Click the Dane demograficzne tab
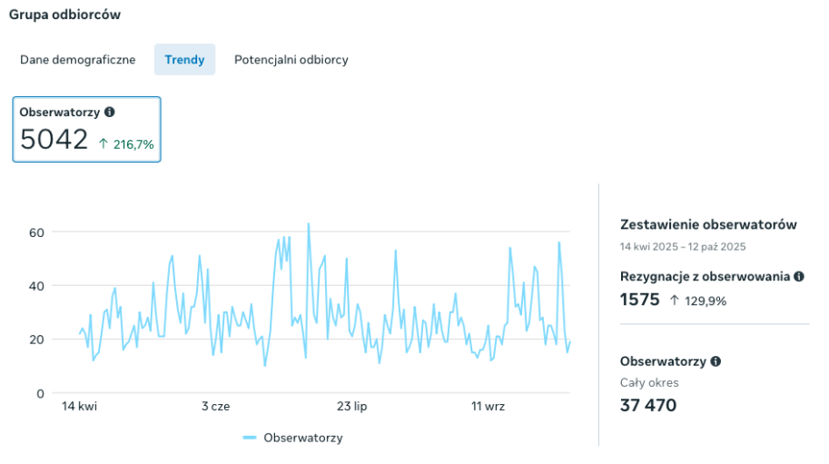pyautogui.click(x=78, y=60)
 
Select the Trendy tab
pyautogui.click(x=184, y=60)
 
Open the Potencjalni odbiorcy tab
pyautogui.click(x=291, y=60)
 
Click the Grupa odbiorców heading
pyautogui.click(x=64, y=15)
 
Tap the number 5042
pyautogui.click(x=54, y=140)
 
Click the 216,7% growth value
pyautogui.click(x=133, y=143)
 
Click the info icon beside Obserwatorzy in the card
pyautogui.click(x=110, y=112)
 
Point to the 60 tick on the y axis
pyautogui.click(x=36, y=232)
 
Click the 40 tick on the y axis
pyautogui.click(x=36, y=286)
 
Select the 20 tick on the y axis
pyautogui.click(x=36, y=340)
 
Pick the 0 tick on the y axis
pyautogui.click(x=40, y=393)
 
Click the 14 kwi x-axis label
pyautogui.click(x=79, y=407)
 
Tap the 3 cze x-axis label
pyautogui.click(x=215, y=407)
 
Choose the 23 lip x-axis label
pyautogui.click(x=351, y=407)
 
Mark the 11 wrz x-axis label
pyautogui.click(x=488, y=407)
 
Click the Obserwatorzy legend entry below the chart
pyautogui.click(x=293, y=438)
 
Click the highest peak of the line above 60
pyautogui.click(x=309, y=223)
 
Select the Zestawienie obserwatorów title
pyautogui.click(x=708, y=224)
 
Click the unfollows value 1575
pyautogui.click(x=639, y=300)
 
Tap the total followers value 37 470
pyautogui.click(x=648, y=405)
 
